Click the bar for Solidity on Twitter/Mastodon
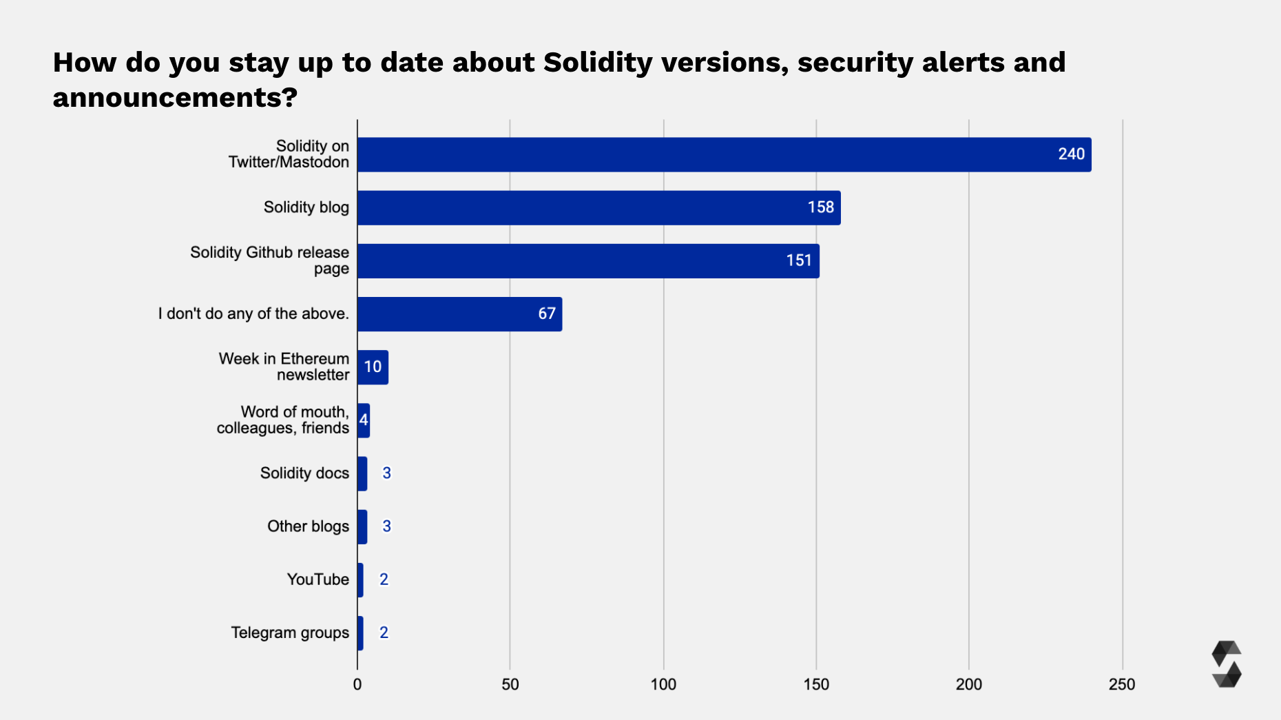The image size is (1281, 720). (723, 154)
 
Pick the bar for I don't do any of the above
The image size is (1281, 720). (459, 313)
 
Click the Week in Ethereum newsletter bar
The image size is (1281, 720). (373, 367)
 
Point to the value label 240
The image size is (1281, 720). (1071, 154)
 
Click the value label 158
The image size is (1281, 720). (820, 207)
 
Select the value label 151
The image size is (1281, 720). (799, 260)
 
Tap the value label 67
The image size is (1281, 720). (547, 313)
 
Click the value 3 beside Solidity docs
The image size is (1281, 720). (387, 473)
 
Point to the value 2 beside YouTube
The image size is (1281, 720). (384, 579)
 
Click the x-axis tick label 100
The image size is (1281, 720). (663, 684)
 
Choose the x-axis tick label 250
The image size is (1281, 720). (1122, 684)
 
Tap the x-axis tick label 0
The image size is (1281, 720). (357, 684)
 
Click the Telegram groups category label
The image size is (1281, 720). (290, 632)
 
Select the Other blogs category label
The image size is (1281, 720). (308, 526)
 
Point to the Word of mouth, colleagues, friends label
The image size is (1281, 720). (283, 420)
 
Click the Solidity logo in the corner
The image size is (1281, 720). (1226, 664)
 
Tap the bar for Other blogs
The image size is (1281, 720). (362, 526)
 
